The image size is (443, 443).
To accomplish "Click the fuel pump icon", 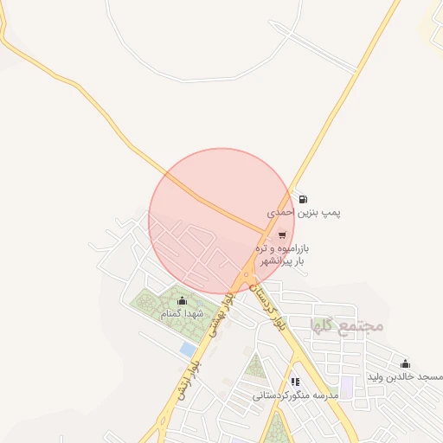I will click(302, 199).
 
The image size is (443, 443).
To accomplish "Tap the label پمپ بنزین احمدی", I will click(303, 212).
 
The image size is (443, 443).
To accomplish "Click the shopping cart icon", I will click(282, 234).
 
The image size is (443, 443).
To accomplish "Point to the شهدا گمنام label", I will click(179, 313).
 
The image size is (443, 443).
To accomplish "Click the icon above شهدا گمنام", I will click(180, 301).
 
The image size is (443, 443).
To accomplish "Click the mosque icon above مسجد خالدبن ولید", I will click(405, 363).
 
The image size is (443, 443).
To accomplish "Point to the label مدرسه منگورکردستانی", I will click(293, 395).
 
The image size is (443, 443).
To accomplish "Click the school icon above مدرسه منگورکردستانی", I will click(294, 382).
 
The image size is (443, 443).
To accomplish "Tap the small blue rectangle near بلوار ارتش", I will click(188, 349).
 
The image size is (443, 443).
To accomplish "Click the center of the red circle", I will click(221, 221).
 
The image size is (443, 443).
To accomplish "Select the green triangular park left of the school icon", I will click(254, 367).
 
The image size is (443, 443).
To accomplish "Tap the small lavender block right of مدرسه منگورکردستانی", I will click(346, 387).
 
